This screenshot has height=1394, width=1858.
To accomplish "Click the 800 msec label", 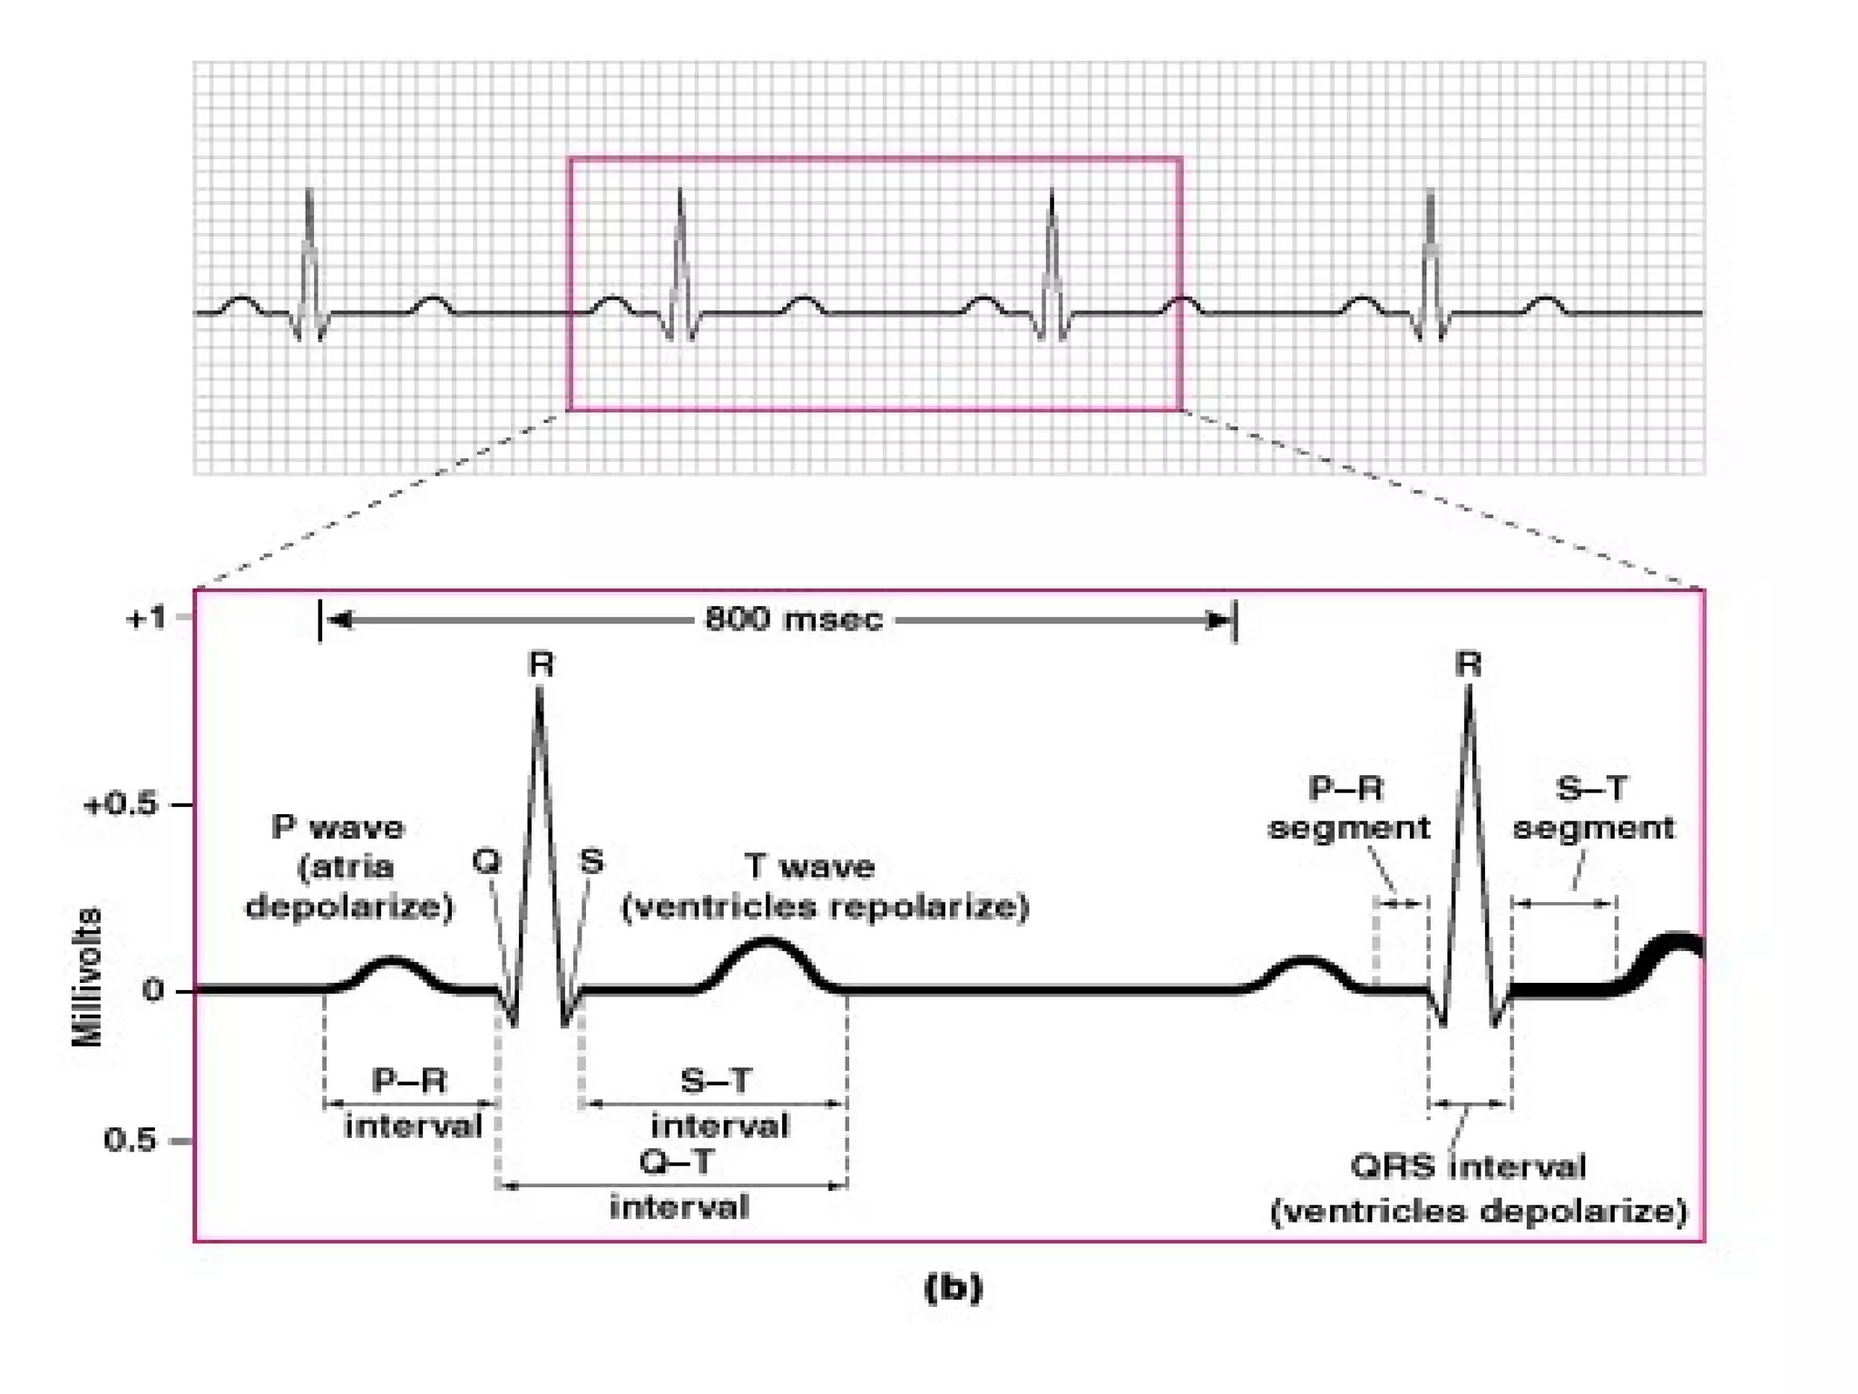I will coord(793,619).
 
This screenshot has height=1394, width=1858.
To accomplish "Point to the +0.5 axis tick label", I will coord(121,805).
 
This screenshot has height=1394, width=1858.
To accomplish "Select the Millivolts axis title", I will coord(87,977).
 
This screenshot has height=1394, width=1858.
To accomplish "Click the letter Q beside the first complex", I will coord(486,860).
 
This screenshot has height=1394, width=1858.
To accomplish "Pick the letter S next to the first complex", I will coord(592,860).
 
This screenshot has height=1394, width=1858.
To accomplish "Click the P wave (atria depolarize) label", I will coord(348,867).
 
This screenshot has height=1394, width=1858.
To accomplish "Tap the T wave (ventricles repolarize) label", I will coord(824,886).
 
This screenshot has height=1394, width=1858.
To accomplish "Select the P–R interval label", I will coord(412,1103).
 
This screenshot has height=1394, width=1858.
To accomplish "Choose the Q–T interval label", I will coord(679,1184).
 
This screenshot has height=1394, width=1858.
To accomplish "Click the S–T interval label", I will coord(719,1103).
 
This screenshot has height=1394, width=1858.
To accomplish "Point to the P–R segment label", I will coord(1348,808).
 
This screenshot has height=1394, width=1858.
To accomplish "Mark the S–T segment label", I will coord(1592,808).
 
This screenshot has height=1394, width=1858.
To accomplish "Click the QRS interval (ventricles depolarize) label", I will coord(1477,1189).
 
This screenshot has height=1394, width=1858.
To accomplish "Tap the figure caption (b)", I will coord(953,1288).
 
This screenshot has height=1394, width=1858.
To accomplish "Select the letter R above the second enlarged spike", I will coord(1468,665).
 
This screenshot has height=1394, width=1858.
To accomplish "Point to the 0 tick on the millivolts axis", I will coord(153,990).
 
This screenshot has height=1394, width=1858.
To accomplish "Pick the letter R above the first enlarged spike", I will coord(541,665).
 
